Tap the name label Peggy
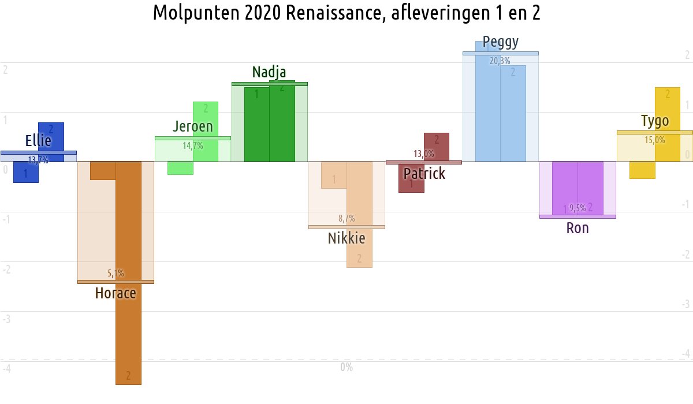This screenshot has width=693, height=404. pyautogui.click(x=501, y=42)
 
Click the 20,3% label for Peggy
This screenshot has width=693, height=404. pyautogui.click(x=500, y=61)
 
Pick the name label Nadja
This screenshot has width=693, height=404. pyautogui.click(x=269, y=72)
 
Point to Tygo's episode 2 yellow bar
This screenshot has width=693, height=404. pyautogui.click(x=668, y=115)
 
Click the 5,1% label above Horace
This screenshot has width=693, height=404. pyautogui.click(x=115, y=274)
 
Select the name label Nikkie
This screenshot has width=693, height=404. pyautogui.click(x=346, y=238)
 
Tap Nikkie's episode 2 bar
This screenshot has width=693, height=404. pyautogui.click(x=359, y=242)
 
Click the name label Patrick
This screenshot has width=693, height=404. pyautogui.click(x=424, y=173)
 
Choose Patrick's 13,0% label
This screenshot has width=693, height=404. pyautogui.click(x=424, y=154)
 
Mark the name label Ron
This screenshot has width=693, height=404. pyautogui.click(x=577, y=228)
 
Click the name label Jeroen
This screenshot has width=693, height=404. pyautogui.click(x=193, y=126)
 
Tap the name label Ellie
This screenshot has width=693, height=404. pyautogui.click(x=38, y=141)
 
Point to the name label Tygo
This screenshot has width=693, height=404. pyautogui.click(x=655, y=121)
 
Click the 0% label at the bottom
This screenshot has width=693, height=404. pyautogui.click(x=346, y=367)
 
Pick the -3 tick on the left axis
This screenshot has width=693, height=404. pyautogui.click(x=5, y=319)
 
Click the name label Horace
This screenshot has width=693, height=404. pyautogui.click(x=115, y=293)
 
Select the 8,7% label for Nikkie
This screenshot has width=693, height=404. pyautogui.click(x=346, y=219)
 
